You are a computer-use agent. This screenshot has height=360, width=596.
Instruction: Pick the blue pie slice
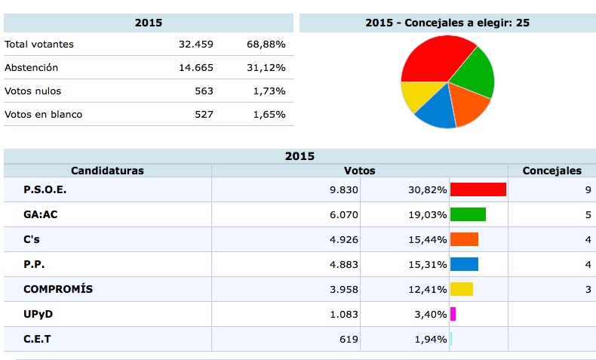tap(436, 111)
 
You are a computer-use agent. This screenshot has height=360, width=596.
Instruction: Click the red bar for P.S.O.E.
tap(478, 189)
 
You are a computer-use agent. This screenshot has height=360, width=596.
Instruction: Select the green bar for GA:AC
tap(468, 214)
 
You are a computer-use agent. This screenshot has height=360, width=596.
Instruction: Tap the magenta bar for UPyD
tap(453, 314)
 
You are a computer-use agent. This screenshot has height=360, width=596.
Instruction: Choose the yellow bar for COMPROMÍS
tap(461, 289)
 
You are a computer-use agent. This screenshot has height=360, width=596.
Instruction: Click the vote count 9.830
tap(343, 189)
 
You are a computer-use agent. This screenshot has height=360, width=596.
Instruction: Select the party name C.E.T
tap(38, 339)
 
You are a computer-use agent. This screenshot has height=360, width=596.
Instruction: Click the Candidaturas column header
tap(107, 171)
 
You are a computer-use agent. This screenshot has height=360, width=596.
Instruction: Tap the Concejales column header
tap(551, 171)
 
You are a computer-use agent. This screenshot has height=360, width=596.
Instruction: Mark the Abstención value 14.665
tap(196, 67)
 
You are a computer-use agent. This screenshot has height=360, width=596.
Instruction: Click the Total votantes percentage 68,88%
tap(266, 44)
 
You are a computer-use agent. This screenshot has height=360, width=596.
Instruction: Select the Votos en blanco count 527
tap(204, 114)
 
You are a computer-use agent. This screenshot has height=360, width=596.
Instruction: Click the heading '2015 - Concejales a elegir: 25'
tap(447, 23)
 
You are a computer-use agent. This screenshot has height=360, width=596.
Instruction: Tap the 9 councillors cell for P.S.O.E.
tap(587, 189)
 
